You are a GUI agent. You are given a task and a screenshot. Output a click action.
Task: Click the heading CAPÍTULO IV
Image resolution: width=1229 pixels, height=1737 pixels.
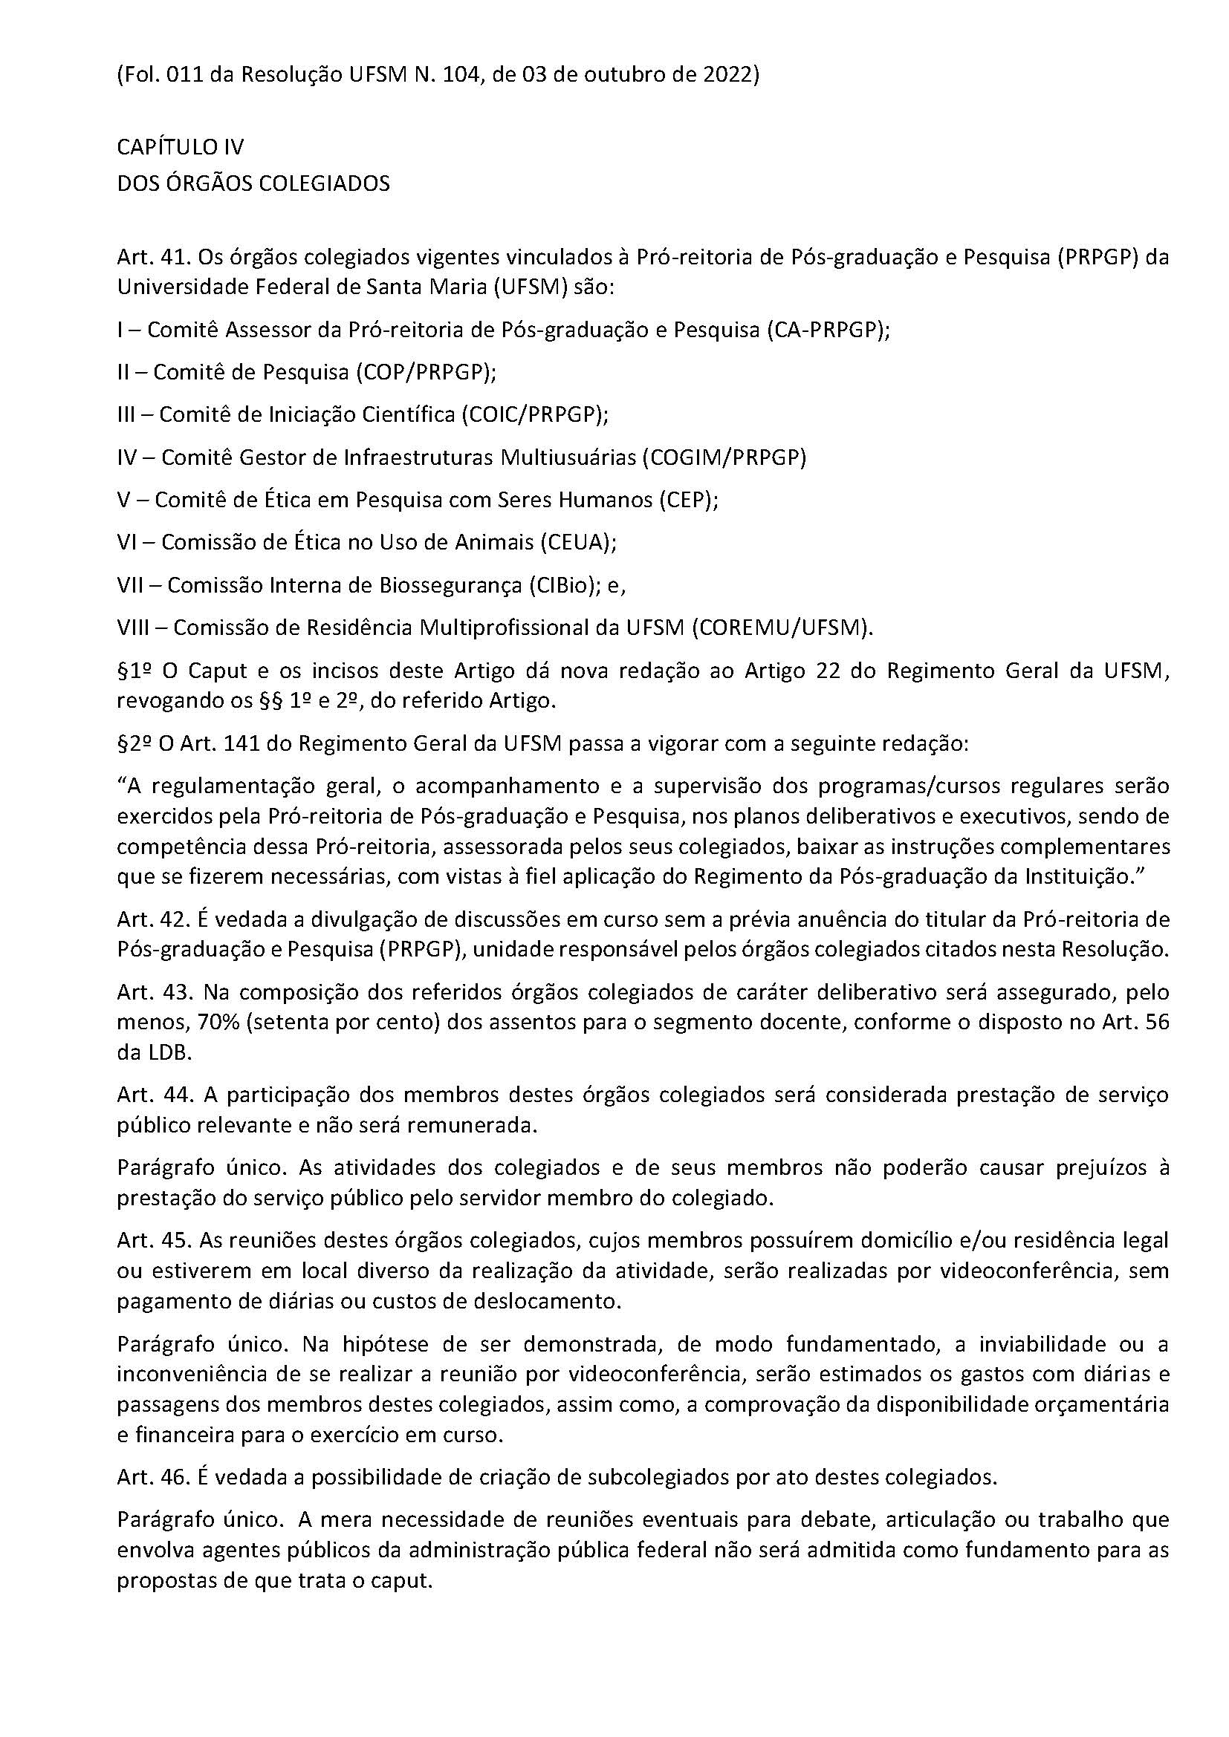tap(180, 147)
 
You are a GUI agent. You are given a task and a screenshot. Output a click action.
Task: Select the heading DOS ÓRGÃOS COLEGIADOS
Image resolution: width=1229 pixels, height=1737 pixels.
tap(253, 183)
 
